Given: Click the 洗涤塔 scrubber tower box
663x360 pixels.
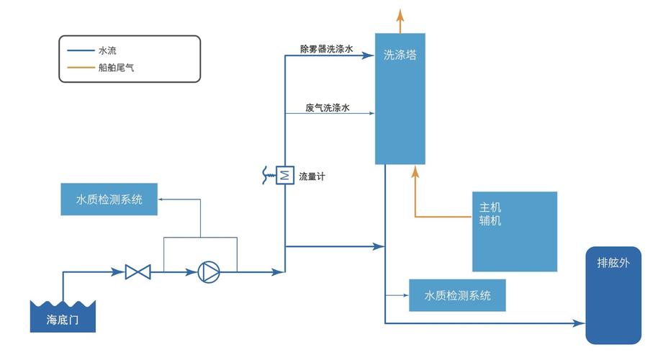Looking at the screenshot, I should pyautogui.click(x=400, y=99).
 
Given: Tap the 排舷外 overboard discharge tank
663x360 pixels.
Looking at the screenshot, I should pyautogui.click(x=613, y=295).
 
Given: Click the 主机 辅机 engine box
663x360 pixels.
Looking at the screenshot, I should pyautogui.click(x=514, y=231).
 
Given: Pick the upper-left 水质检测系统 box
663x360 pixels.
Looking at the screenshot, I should pyautogui.click(x=109, y=199).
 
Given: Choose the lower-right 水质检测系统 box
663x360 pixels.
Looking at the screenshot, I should pyautogui.click(x=457, y=295).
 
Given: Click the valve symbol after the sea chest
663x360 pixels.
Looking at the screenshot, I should pyautogui.click(x=137, y=272).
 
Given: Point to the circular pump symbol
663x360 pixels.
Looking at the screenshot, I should pyautogui.click(x=207, y=272).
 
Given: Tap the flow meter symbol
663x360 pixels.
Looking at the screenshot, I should pyautogui.click(x=285, y=174).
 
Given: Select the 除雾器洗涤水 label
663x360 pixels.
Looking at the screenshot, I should pyautogui.click(x=326, y=50).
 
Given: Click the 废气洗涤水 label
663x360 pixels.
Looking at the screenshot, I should pyautogui.click(x=328, y=107).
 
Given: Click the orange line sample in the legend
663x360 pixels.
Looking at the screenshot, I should pyautogui.click(x=79, y=68).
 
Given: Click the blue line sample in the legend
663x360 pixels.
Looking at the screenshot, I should pyautogui.click(x=79, y=51).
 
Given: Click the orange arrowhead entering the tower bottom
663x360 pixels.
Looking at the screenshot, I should pyautogui.click(x=415, y=171).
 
